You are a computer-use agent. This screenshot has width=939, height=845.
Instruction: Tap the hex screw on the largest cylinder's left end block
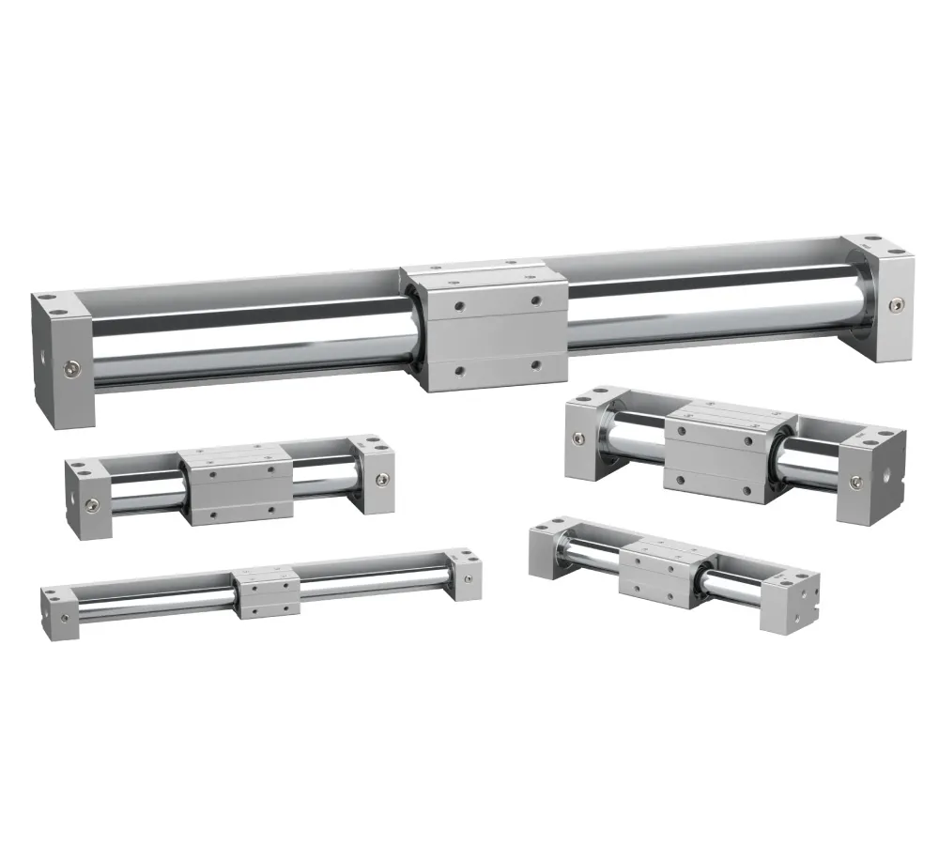71,364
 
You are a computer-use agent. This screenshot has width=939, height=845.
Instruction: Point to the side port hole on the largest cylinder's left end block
44,358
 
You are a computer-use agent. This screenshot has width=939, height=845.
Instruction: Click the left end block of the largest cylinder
61,361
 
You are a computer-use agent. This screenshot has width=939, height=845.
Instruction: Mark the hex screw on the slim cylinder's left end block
64,618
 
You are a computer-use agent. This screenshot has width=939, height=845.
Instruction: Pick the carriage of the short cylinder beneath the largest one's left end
235,484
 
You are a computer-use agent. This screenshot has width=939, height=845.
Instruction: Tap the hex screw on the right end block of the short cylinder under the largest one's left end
378,479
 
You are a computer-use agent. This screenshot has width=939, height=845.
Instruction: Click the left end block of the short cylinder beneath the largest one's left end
87,488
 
